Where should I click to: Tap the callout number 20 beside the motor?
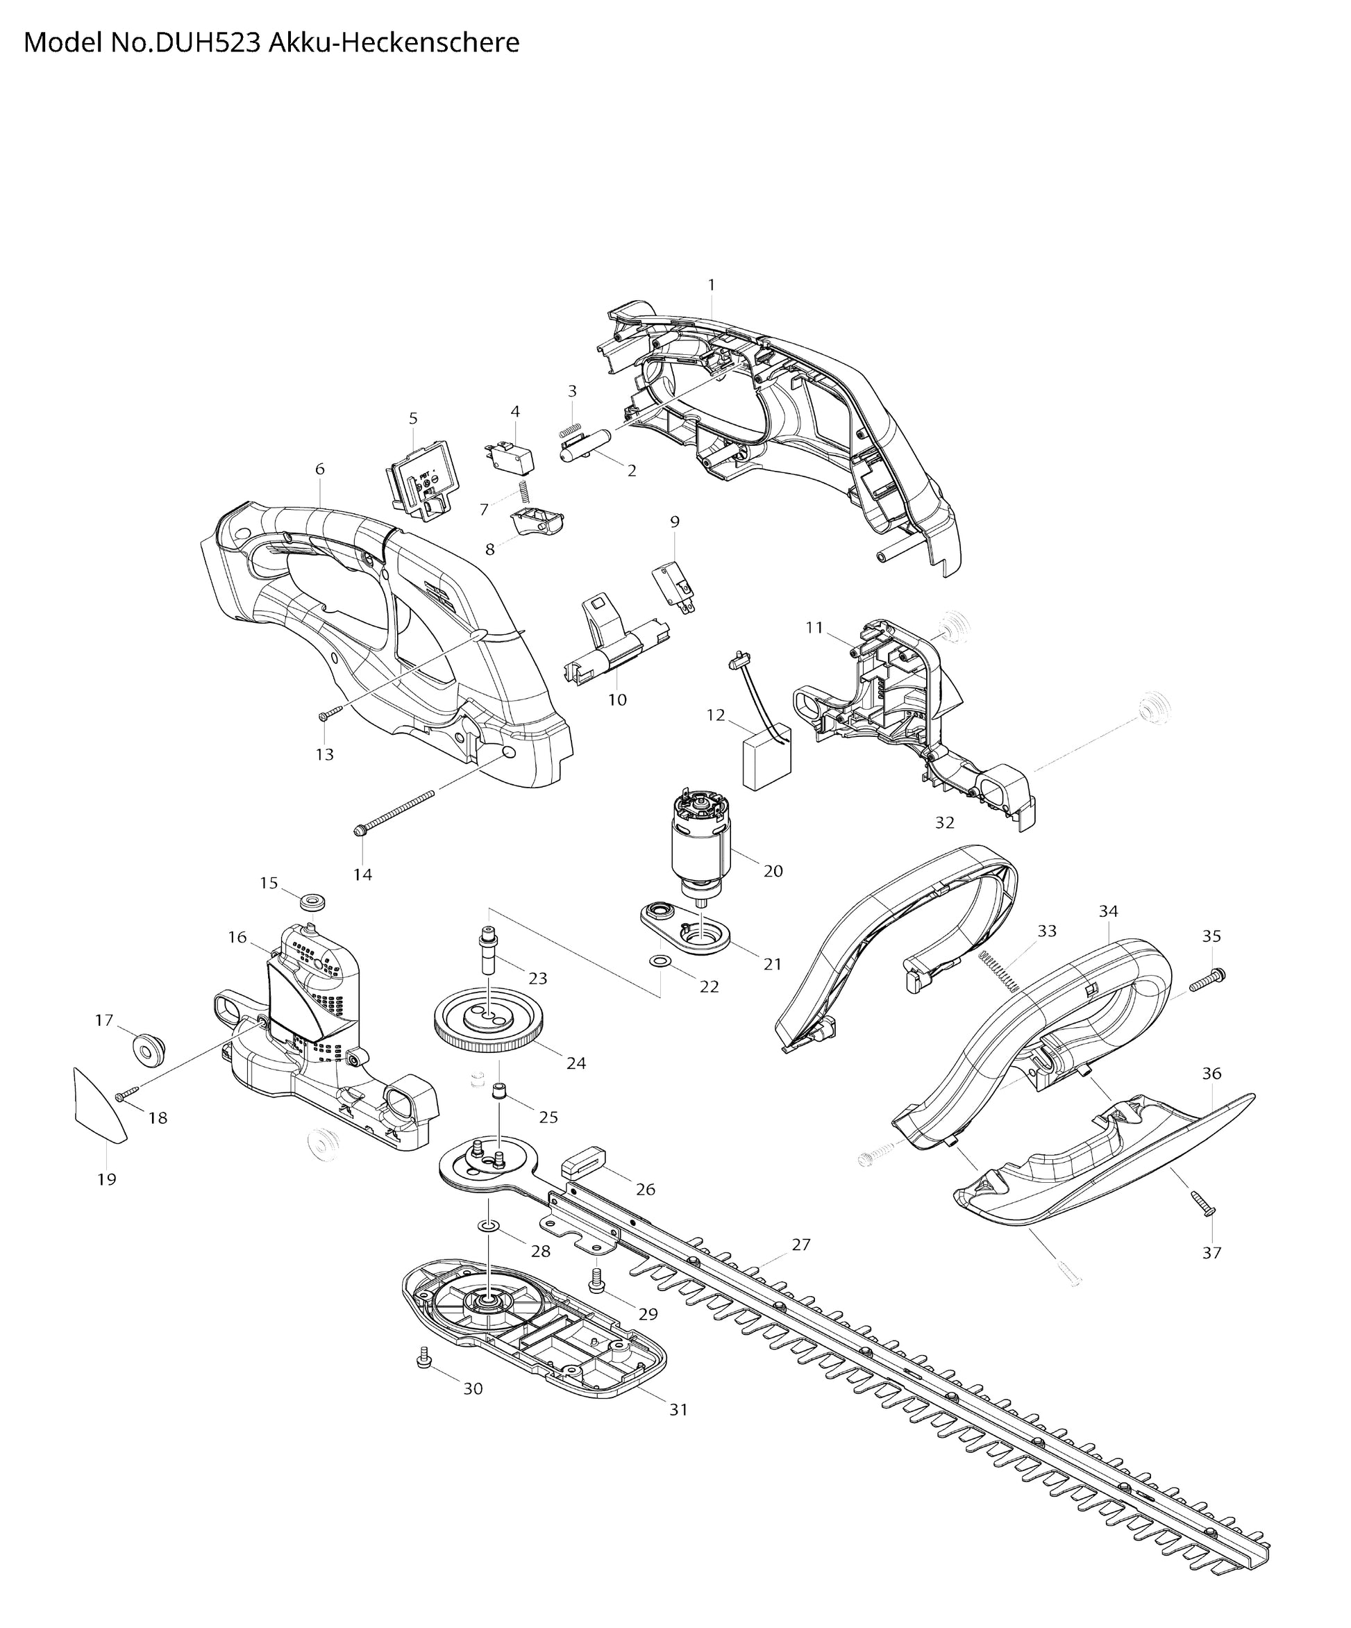tap(773, 870)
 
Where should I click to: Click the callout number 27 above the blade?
tap(800, 1244)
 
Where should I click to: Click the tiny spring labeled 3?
tap(571, 429)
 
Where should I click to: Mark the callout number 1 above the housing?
tap(712, 285)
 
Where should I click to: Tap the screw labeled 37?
tap(1203, 1202)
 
